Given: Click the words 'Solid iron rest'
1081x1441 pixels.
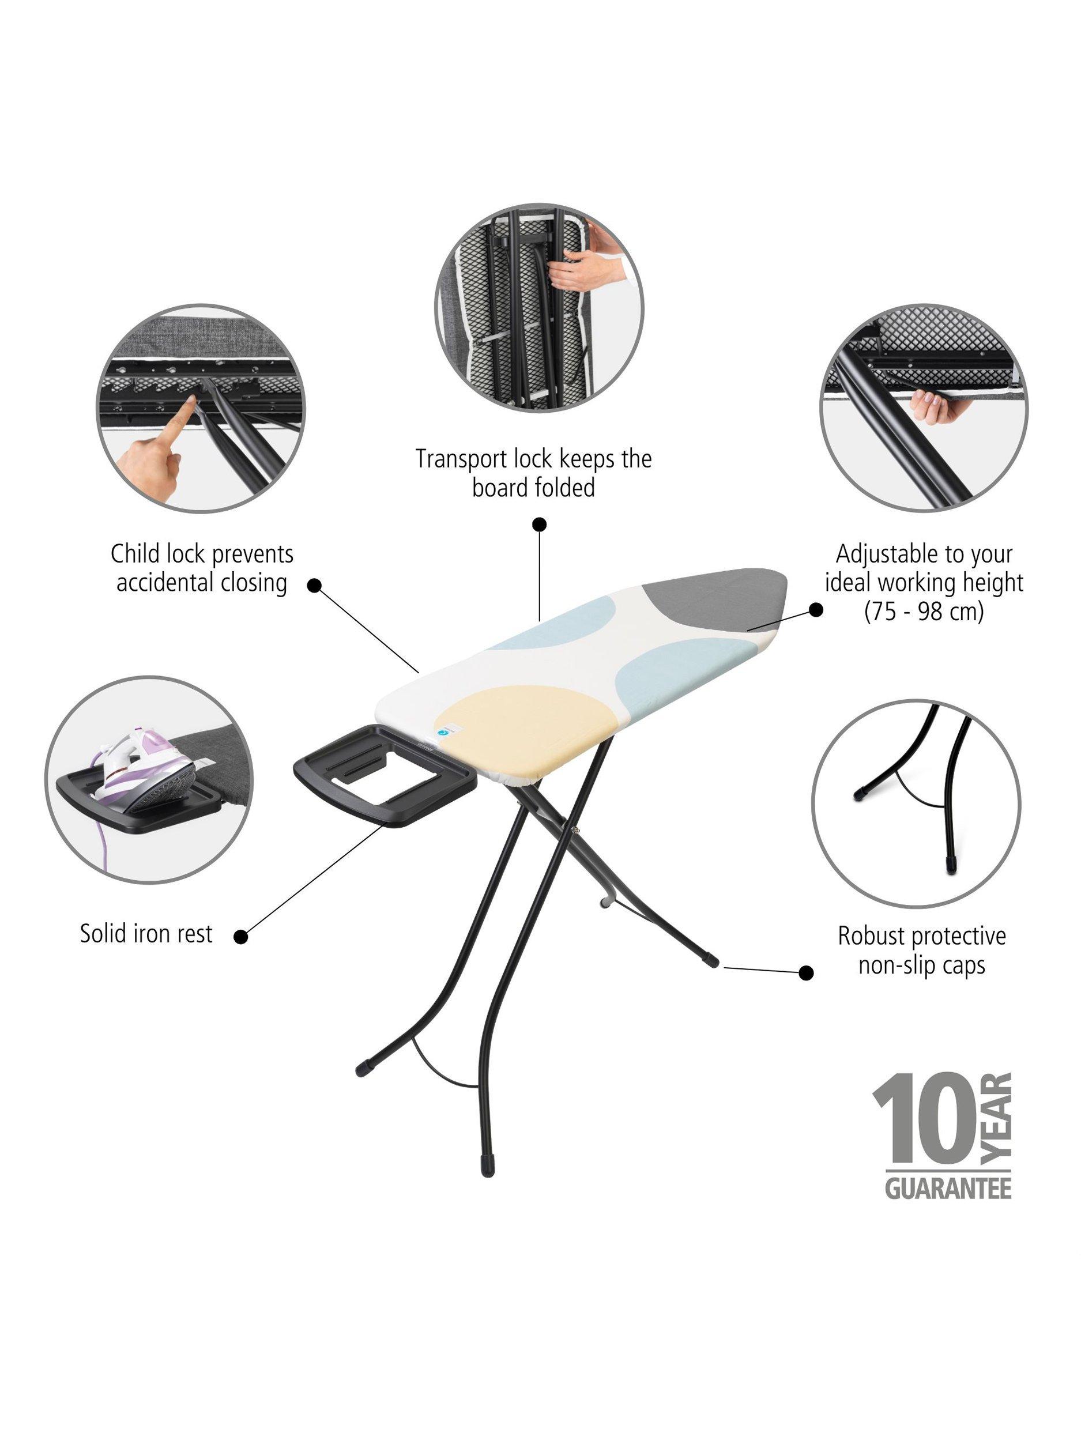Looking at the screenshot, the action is tap(146, 934).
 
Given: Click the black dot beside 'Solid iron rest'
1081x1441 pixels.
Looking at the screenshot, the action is tap(241, 937).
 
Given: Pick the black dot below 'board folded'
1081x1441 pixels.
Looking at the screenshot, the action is tap(539, 525).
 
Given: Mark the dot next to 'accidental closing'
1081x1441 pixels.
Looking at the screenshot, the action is tap(315, 585).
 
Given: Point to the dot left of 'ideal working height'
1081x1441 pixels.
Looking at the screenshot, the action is tap(815, 609).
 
